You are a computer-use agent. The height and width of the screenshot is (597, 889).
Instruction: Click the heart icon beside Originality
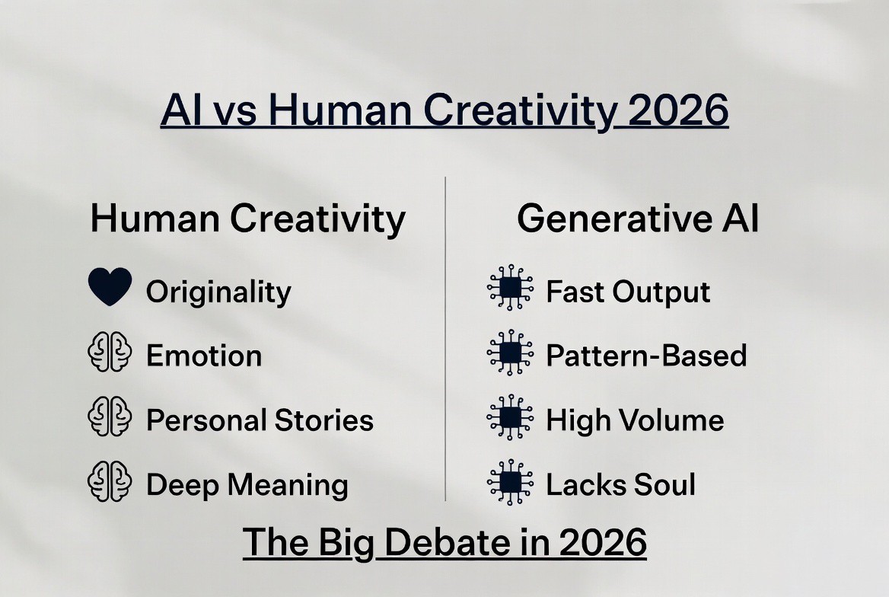pos(110,286)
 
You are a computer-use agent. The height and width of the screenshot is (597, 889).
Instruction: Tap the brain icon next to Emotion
pos(110,352)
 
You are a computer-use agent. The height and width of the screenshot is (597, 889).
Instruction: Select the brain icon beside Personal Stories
pos(110,417)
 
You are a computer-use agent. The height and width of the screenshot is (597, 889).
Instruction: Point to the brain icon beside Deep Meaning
pos(110,481)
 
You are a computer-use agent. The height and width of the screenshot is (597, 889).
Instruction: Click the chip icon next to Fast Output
pos(510,288)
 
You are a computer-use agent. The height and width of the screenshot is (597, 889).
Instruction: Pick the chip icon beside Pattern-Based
pos(510,353)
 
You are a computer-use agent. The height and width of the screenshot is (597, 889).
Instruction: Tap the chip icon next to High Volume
pos(510,417)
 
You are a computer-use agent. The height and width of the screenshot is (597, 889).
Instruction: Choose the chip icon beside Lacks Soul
pos(510,482)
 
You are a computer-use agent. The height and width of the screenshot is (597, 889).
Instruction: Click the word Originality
pos(219,293)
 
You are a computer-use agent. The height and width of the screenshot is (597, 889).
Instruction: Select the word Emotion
pos(204,356)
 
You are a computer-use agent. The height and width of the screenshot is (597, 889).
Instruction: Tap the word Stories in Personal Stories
pos(324,420)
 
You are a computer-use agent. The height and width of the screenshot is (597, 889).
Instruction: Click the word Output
pos(661,292)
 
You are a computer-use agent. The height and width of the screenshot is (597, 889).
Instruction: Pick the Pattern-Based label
pos(646,356)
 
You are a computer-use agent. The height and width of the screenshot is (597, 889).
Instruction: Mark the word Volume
pos(672,420)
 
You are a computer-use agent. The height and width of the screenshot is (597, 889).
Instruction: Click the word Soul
pos(664,485)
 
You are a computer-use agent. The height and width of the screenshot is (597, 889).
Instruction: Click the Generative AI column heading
pos(638,219)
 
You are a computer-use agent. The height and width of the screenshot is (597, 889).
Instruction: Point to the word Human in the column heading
pos(155,219)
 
